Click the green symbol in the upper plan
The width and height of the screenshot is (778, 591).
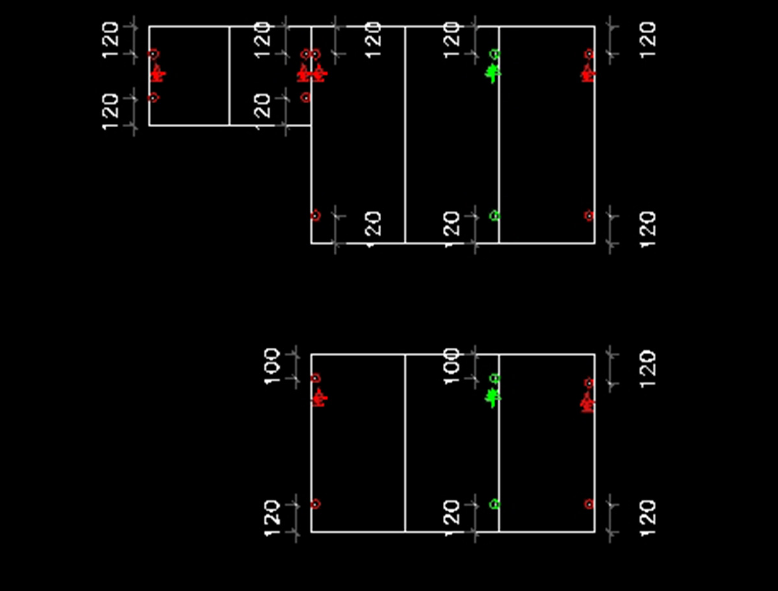[493, 73]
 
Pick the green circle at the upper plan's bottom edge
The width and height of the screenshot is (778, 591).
[494, 215]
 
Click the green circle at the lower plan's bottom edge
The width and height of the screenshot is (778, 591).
[494, 504]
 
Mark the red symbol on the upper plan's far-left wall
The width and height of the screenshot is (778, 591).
[157, 74]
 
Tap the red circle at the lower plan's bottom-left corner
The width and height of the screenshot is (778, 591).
[315, 504]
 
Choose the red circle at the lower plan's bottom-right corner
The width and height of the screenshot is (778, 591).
[589, 504]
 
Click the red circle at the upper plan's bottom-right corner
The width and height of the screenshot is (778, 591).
[589, 216]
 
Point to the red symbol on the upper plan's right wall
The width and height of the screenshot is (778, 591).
[587, 74]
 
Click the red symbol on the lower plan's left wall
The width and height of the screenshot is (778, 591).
[318, 398]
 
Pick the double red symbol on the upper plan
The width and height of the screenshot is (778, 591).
[312, 74]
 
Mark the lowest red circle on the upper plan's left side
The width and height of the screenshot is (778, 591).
[153, 98]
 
